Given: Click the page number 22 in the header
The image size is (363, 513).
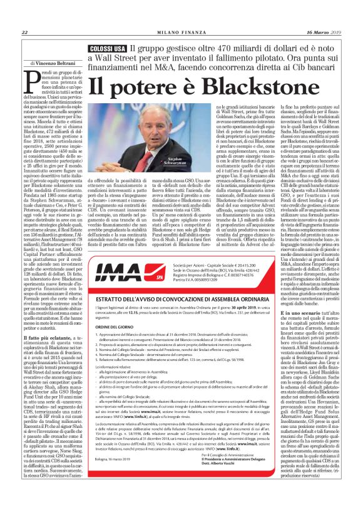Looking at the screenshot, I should (x=24, y=33).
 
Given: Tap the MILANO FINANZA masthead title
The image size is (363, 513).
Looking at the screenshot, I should (x=181, y=33).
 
